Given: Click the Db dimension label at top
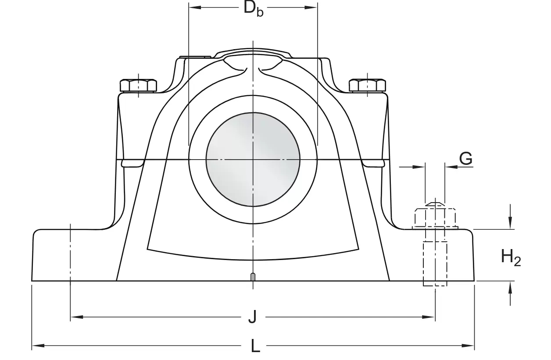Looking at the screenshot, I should coord(254,8).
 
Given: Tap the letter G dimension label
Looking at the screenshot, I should coord(466,158).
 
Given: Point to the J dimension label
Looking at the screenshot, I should coord(252,317).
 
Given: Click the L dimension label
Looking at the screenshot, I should coord(255,346).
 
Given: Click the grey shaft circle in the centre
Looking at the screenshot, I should coord(253,159).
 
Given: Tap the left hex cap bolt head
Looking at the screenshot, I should coord(138,85).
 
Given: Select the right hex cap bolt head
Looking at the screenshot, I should coord(368,85).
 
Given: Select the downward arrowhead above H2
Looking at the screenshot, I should coord(511,224).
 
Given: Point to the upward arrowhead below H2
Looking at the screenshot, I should coord(511,286).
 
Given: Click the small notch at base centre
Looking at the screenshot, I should coord(253,277).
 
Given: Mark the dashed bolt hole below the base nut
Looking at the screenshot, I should coord(435,263).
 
